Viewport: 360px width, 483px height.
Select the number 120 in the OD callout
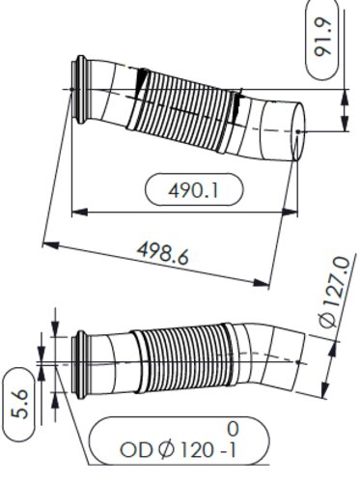point(202,449)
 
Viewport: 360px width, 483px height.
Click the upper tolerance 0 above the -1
point(232,428)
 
